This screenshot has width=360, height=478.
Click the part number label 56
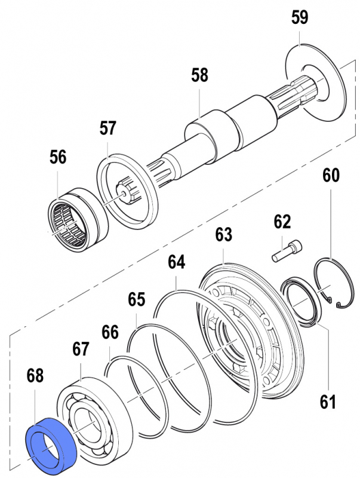click(x=58, y=157)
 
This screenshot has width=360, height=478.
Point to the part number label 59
click(x=300, y=18)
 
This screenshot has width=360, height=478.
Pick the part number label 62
click(x=282, y=223)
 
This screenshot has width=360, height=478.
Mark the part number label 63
click(x=224, y=235)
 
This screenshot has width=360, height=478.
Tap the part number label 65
click(x=137, y=299)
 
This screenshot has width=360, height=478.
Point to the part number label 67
click(x=81, y=348)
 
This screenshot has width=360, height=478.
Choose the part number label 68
click(x=35, y=376)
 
